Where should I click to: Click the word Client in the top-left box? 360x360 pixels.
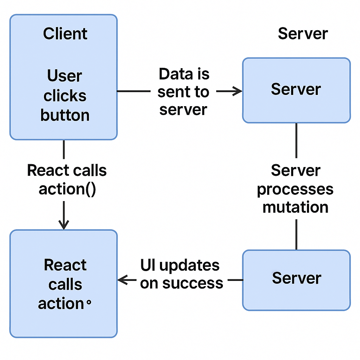(65, 34)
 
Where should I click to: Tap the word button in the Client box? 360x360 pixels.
(65, 115)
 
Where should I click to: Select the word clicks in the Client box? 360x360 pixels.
(65, 96)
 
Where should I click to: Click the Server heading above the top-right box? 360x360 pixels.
(303, 34)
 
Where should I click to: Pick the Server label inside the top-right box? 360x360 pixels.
(296, 89)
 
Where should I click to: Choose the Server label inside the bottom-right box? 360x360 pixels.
(297, 278)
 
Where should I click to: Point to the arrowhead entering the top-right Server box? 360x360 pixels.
(238, 91)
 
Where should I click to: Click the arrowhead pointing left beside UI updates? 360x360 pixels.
(122, 280)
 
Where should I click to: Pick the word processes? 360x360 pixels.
(295, 189)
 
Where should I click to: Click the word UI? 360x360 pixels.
(148, 265)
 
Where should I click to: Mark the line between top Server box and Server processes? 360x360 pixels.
(296, 141)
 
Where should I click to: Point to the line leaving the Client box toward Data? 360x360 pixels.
(134, 91)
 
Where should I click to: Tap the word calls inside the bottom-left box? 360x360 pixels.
(65, 284)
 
